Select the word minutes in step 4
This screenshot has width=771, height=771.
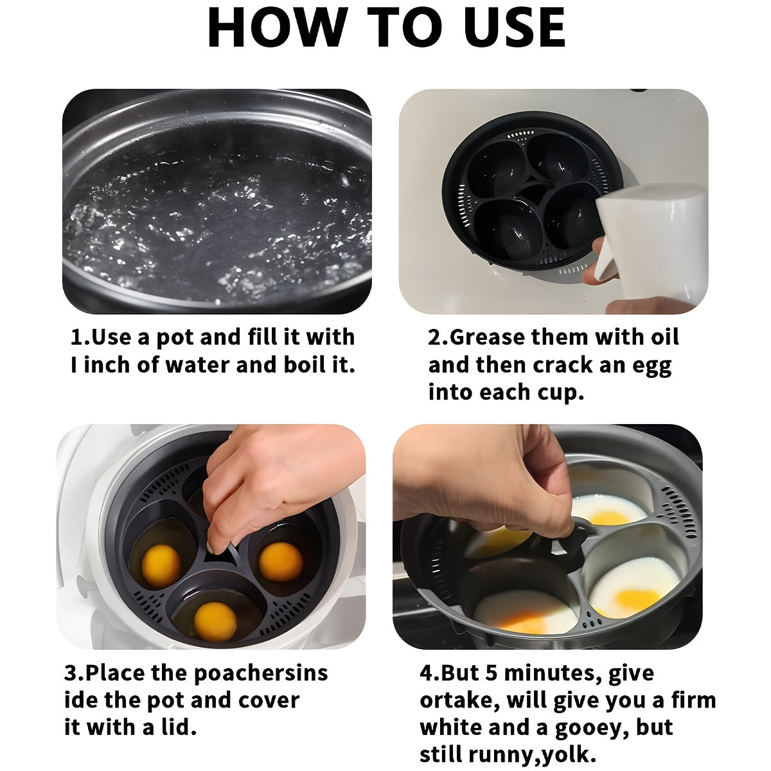(553, 674)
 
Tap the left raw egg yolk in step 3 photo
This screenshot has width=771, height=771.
(161, 566)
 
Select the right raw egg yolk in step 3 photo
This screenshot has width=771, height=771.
(281, 562)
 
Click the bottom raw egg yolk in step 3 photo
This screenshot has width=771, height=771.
(215, 622)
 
